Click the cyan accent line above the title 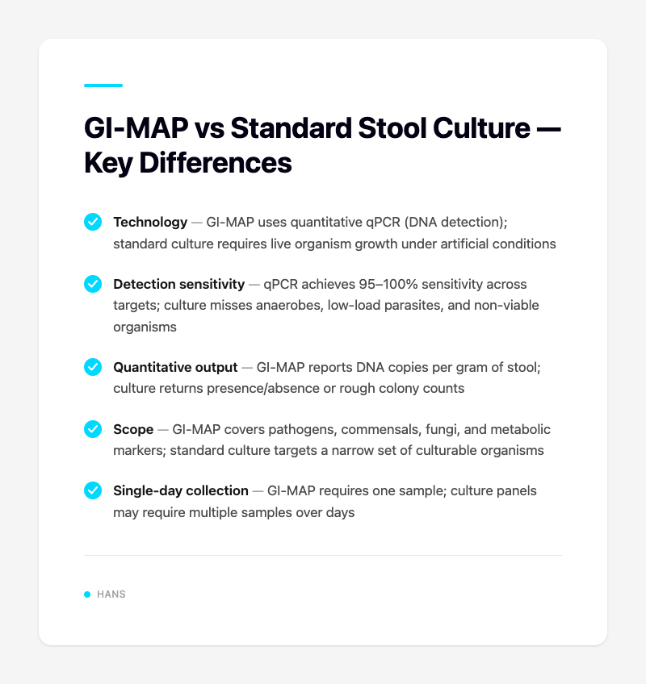tap(103, 85)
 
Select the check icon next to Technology tap(93, 222)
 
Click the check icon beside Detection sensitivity tap(93, 284)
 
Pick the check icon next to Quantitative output tap(93, 367)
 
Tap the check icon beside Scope tap(93, 429)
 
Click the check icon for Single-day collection tap(93, 490)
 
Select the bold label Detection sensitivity tap(179, 284)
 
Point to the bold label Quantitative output tap(176, 367)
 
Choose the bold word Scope tap(133, 429)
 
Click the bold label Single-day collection tap(181, 490)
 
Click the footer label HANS tap(111, 594)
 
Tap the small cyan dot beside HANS tap(87, 594)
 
